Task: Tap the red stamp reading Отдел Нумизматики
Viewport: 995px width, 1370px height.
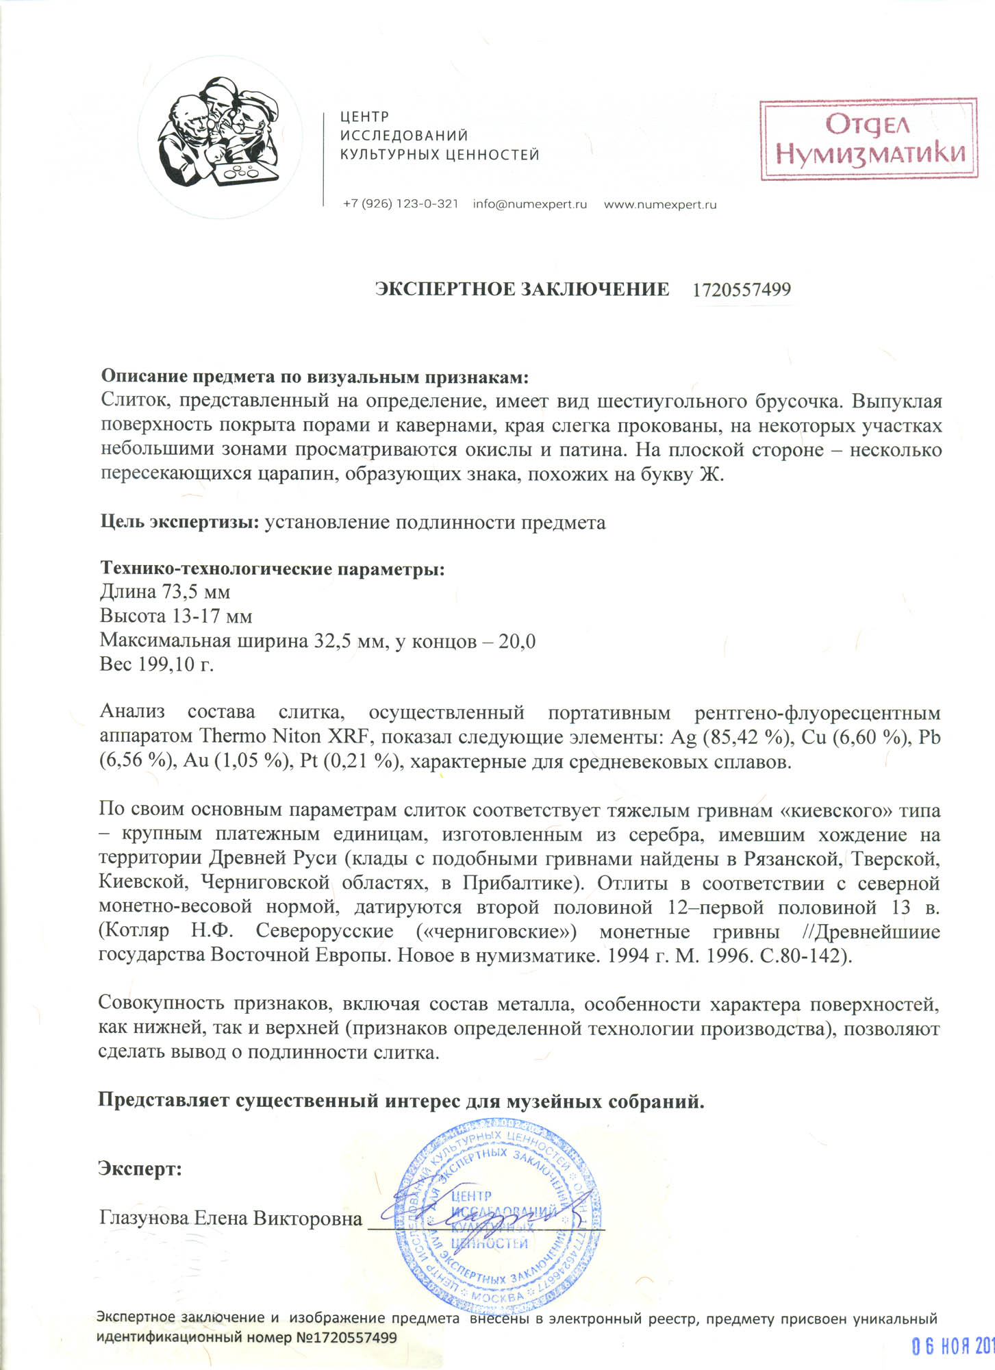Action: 868,140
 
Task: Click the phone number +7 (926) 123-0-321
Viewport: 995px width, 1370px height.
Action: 401,204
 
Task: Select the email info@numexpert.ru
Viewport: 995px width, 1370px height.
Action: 529,204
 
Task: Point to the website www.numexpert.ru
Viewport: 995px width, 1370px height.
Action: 659,204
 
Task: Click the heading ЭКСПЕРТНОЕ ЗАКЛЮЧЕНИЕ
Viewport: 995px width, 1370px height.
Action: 522,289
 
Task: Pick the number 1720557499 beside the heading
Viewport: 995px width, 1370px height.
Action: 741,290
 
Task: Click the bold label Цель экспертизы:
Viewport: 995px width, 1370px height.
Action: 179,523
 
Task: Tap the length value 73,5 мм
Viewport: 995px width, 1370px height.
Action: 195,591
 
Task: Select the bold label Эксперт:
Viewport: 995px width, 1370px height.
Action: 140,1169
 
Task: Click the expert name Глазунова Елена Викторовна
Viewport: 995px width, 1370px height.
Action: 231,1219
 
